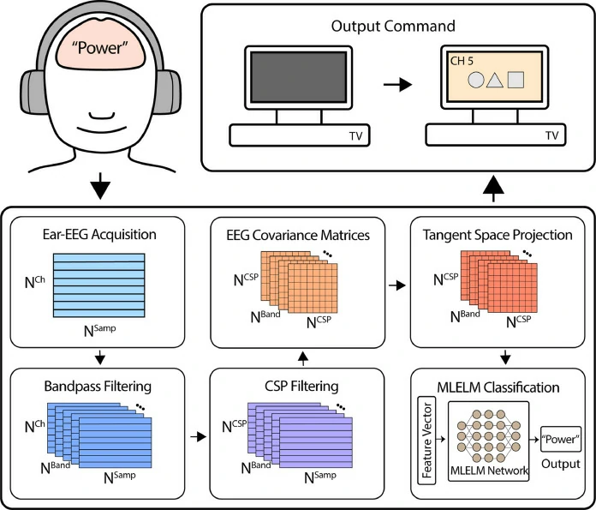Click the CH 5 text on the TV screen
463,63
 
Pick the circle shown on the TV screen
476,82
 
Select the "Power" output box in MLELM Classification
560,440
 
